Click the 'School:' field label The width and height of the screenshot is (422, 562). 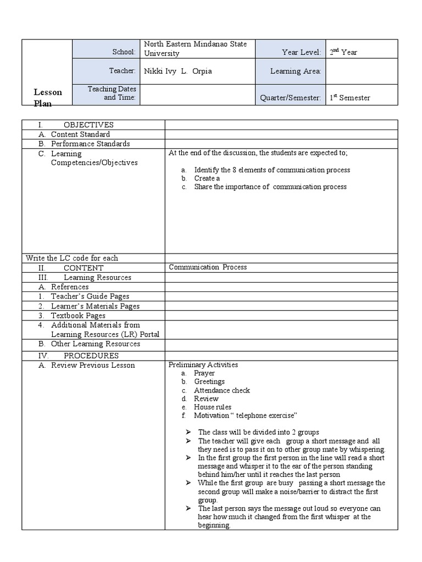click(x=124, y=52)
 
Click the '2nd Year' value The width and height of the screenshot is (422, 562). click(x=343, y=52)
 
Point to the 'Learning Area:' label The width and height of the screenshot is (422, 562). click(x=296, y=71)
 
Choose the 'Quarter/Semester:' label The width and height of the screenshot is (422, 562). click(x=290, y=98)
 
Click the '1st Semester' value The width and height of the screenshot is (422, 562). click(x=349, y=98)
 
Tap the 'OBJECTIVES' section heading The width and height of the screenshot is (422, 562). click(x=88, y=125)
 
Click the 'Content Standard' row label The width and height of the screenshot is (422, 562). click(x=80, y=134)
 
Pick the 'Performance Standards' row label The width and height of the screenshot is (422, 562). click(x=90, y=144)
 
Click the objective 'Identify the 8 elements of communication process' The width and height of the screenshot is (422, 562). click(x=271, y=170)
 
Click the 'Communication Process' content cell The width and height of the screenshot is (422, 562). click(x=208, y=267)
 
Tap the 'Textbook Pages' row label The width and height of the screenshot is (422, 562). click(x=78, y=316)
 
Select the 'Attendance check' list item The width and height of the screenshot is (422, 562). click(x=221, y=390)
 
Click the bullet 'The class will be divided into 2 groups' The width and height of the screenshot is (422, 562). click(x=258, y=432)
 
